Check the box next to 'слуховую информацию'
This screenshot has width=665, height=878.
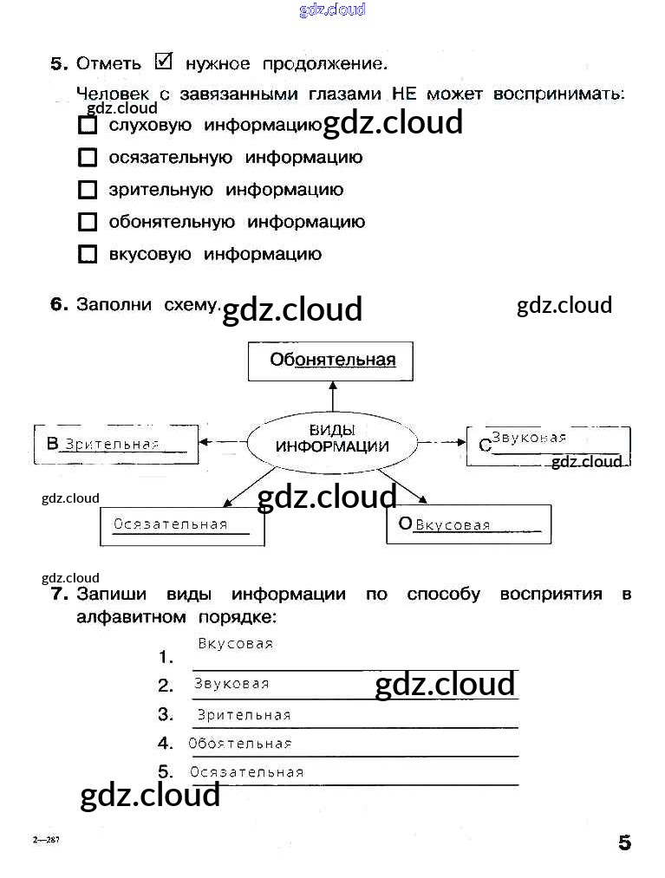click(x=88, y=126)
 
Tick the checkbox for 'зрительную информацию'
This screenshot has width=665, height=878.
click(x=88, y=190)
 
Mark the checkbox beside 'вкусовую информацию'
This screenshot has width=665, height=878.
click(x=88, y=255)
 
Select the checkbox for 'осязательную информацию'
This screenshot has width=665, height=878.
click(x=88, y=158)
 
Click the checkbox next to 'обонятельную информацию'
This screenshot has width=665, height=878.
click(x=88, y=222)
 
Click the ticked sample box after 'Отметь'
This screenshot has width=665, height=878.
click(x=164, y=62)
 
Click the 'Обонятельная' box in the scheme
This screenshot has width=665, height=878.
click(x=330, y=361)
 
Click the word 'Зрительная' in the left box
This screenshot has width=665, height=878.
click(x=112, y=445)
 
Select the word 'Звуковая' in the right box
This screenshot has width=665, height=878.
click(x=528, y=438)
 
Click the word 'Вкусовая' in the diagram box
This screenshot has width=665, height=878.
click(x=453, y=525)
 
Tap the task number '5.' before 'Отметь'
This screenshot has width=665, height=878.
click(x=58, y=64)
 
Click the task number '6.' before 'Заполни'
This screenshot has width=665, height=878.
click(x=58, y=305)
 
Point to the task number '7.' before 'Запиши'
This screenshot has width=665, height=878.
click(x=58, y=595)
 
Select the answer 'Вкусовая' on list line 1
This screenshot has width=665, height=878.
click(x=235, y=644)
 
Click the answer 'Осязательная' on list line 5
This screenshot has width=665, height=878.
click(x=246, y=772)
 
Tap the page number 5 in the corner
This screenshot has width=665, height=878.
click(x=624, y=843)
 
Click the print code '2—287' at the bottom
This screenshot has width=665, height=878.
click(x=46, y=841)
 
